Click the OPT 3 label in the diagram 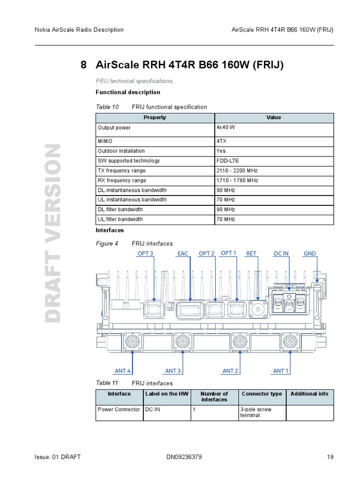pyautogui.click(x=145, y=254)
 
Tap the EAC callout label pyautogui.click(x=183, y=254)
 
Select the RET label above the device pyautogui.click(x=251, y=254)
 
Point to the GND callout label pyautogui.click(x=310, y=254)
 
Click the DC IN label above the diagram pyautogui.click(x=281, y=254)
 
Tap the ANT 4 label pyautogui.click(x=123, y=371)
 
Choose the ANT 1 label pyautogui.click(x=281, y=371)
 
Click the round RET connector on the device pyautogui.click(x=257, y=309)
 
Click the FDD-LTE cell pyautogui.click(x=227, y=161)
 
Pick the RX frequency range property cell pyautogui.click(x=122, y=180)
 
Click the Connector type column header pyautogui.click(x=262, y=394)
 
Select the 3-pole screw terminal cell pyautogui.click(x=256, y=412)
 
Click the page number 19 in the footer pyautogui.click(x=330, y=457)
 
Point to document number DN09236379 pyautogui.click(x=184, y=457)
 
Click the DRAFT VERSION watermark pyautogui.click(x=52, y=233)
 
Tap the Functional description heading pyautogui.click(x=128, y=92)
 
